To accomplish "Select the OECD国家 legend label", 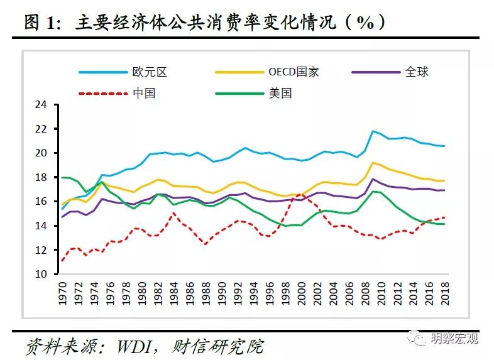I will [294, 72].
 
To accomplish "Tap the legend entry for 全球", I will [417, 72].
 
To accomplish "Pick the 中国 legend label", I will [144, 94].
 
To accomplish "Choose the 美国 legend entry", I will [280, 94].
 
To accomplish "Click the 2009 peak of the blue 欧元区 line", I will [373, 131].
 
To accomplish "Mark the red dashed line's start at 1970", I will [62, 261].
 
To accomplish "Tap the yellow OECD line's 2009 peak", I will [373, 163].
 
